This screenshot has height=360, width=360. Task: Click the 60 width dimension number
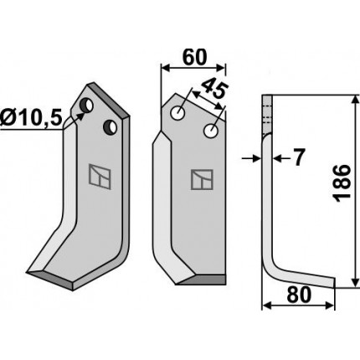point(194,57)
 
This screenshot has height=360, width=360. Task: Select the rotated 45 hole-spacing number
point(214,90)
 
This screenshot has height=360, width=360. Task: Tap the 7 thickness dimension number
point(298,157)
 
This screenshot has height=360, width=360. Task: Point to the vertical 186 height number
point(342,183)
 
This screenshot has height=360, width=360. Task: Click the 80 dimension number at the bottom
point(299,295)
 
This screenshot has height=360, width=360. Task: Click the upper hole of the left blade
point(87,105)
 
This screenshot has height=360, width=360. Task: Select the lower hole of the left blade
point(110,127)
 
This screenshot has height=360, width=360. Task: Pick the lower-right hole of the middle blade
point(211,131)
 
